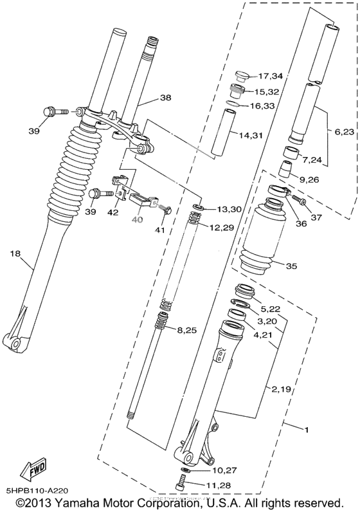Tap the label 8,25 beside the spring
[x=186, y=330]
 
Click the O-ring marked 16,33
[x=237, y=104]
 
